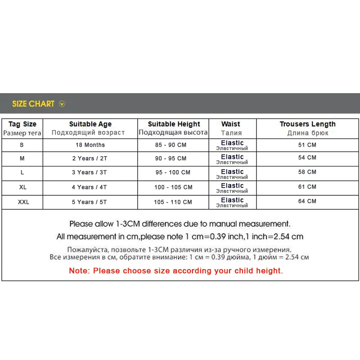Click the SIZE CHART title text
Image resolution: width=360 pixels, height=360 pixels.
click(33, 104)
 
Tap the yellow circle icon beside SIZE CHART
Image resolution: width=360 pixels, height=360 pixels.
click(62, 104)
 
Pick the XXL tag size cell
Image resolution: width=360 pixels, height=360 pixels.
click(23, 202)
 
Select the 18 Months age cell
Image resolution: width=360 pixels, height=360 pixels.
click(90, 145)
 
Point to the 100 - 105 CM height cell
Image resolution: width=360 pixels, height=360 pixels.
click(173, 187)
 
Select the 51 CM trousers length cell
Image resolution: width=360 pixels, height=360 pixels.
click(307, 145)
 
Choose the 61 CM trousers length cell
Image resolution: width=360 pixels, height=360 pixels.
click(307, 187)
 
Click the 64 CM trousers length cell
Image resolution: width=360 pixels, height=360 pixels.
click(307, 201)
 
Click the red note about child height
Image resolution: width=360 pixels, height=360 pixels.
click(176, 271)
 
